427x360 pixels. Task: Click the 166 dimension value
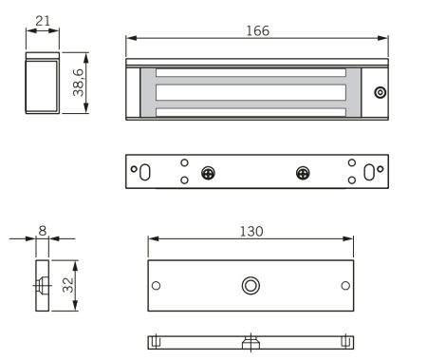tap(256, 30)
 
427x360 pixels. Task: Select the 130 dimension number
tap(251, 232)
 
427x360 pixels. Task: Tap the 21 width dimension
tap(42, 21)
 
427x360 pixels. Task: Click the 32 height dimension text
tap(67, 285)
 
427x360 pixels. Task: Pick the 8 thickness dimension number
tap(42, 229)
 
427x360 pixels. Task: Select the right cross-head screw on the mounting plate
tap(303, 173)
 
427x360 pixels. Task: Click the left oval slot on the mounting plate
tap(145, 172)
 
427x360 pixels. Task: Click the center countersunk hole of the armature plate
tap(251, 285)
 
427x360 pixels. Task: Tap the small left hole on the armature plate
tap(158, 285)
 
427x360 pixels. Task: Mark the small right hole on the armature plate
tap(345, 285)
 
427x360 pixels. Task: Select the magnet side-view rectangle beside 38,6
tap(42, 86)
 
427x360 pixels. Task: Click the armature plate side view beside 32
tap(42, 285)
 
